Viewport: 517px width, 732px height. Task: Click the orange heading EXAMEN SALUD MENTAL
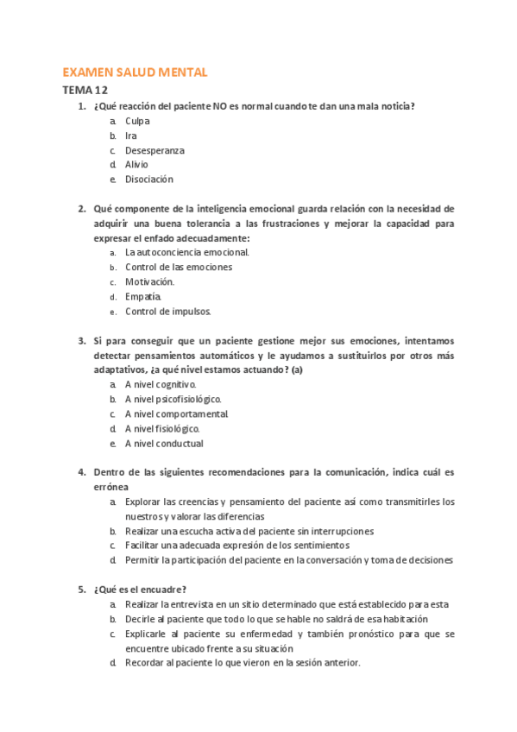(135, 73)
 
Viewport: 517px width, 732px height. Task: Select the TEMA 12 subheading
(85, 90)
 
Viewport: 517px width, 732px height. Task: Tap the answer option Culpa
(137, 121)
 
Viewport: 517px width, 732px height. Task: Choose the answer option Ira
(131, 136)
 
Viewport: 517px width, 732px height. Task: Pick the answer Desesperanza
(154, 150)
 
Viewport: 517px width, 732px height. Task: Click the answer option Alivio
(136, 164)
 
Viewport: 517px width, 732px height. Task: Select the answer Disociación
(149, 179)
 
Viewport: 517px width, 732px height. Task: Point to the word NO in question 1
(232, 106)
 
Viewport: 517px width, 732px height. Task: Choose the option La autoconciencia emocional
(186, 252)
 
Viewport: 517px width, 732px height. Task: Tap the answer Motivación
(149, 281)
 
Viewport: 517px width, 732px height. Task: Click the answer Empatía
(143, 296)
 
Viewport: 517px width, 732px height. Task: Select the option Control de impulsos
(167, 311)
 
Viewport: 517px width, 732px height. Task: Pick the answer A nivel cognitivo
(161, 384)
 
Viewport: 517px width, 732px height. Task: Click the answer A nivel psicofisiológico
(173, 399)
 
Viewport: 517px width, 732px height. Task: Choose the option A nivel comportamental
(176, 413)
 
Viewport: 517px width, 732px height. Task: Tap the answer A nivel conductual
(164, 443)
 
